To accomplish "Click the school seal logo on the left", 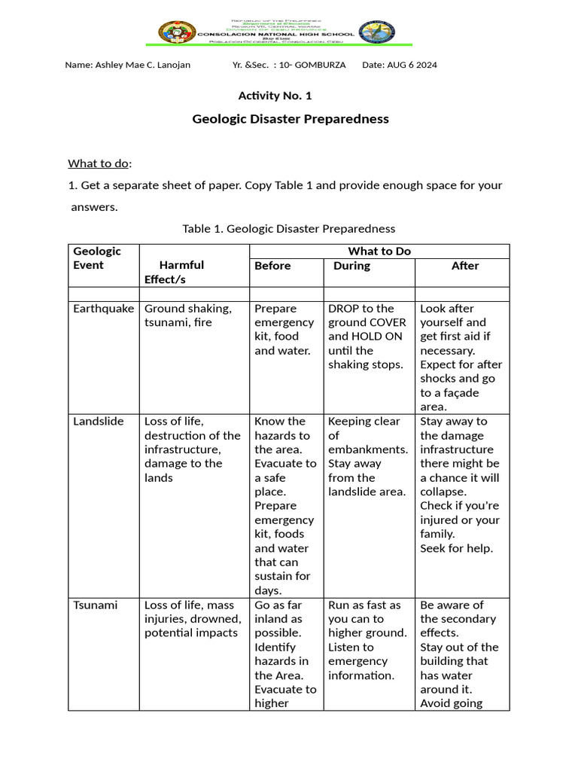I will point(177,33).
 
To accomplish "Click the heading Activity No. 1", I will point(275,96).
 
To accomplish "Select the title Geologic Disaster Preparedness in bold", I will point(291,118).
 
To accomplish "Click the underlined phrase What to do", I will point(99,163).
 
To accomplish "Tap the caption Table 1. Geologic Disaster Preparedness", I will point(289,228).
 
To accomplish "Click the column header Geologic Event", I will point(96,258).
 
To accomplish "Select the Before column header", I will point(272,266).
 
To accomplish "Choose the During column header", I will point(351,266).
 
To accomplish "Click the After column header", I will point(464,266).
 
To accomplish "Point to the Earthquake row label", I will point(103,309).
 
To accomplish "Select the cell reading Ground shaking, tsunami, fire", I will point(188,315).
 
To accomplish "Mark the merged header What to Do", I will point(379,251).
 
